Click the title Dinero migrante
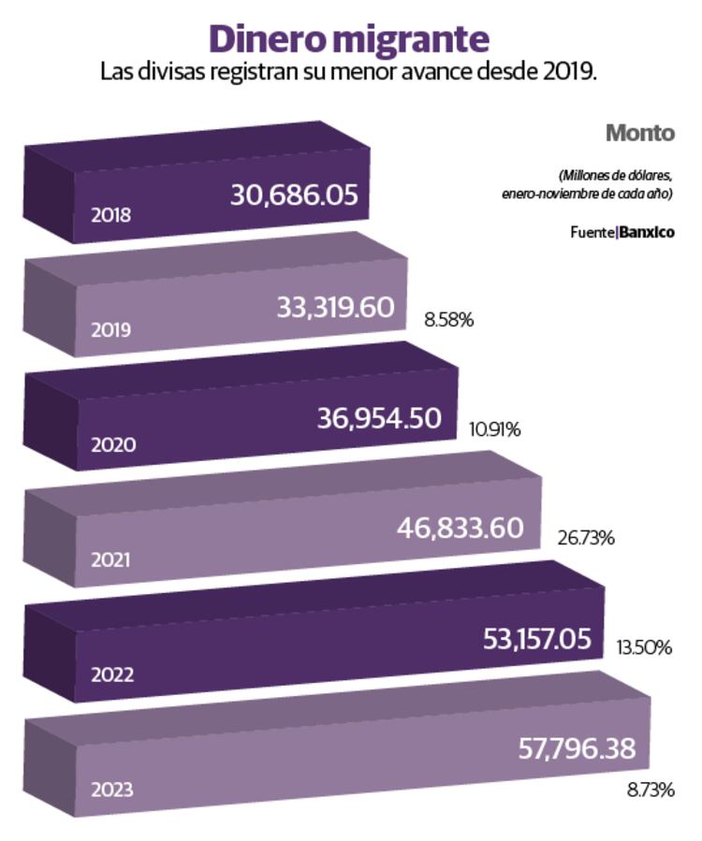(x=348, y=39)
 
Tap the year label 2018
(x=110, y=214)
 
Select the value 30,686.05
(x=294, y=195)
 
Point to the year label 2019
(x=110, y=329)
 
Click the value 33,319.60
(x=335, y=307)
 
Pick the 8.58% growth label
(x=448, y=320)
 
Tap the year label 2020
(x=112, y=444)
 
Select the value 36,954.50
(x=379, y=418)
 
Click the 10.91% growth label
(x=494, y=429)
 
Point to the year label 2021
(x=110, y=559)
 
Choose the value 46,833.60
(x=460, y=529)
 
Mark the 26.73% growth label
(x=585, y=538)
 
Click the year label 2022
(x=112, y=674)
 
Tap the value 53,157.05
(x=537, y=639)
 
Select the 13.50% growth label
(x=644, y=646)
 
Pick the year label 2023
(x=112, y=790)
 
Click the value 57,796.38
(x=577, y=748)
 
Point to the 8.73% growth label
(x=651, y=790)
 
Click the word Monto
(x=639, y=133)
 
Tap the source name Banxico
(x=647, y=231)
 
